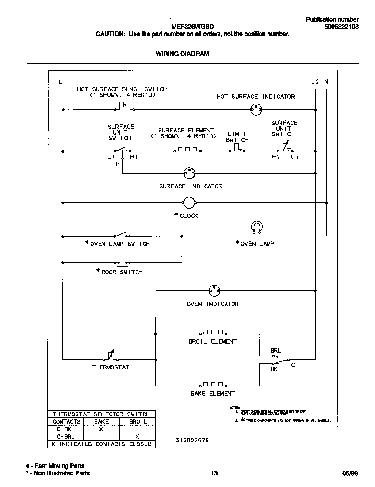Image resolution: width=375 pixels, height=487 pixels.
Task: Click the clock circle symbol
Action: tap(189, 203)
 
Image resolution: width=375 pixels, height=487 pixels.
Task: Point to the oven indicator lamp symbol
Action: tap(214, 291)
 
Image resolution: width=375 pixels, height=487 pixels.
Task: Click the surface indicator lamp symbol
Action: tap(189, 173)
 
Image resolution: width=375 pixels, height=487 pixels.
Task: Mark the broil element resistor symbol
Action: tap(213, 332)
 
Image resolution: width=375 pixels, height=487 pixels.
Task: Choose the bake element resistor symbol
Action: tap(213, 384)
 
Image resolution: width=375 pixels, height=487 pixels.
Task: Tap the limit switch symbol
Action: tap(237, 148)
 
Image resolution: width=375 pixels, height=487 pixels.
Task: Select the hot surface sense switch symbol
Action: tap(126, 107)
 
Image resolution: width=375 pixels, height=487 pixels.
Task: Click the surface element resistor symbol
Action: tap(187, 149)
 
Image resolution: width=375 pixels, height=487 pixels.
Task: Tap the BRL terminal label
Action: tap(276, 351)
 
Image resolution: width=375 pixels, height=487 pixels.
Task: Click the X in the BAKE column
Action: tap(101, 429)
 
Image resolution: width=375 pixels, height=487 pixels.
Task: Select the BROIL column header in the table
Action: tap(138, 421)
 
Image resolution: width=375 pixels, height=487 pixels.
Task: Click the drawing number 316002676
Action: tap(192, 440)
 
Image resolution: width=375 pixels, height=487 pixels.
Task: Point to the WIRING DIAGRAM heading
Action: tap(182, 54)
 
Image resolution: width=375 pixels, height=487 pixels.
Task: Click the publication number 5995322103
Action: tap(341, 27)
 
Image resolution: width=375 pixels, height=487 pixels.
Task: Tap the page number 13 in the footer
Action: tap(214, 473)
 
